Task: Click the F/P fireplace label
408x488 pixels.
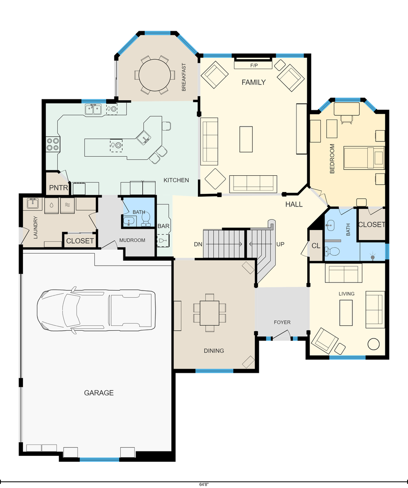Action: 254,66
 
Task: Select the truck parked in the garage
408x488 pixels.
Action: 96,310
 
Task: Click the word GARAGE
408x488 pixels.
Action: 98,393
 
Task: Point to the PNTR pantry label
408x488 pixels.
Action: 58,188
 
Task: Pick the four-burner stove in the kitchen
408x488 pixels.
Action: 53,144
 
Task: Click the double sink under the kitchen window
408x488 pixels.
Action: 94,109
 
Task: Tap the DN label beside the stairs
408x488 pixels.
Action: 198,244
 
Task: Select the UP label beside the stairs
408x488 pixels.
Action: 281,244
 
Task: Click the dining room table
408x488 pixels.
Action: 210,313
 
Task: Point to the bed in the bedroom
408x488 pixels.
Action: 364,158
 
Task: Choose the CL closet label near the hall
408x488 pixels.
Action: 316,245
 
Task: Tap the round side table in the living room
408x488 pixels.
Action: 374,344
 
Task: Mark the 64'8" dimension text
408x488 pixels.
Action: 204,484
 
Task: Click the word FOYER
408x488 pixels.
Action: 282,323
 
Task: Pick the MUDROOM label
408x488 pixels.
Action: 132,240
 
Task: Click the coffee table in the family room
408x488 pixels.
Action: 246,139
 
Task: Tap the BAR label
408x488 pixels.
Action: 164,226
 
